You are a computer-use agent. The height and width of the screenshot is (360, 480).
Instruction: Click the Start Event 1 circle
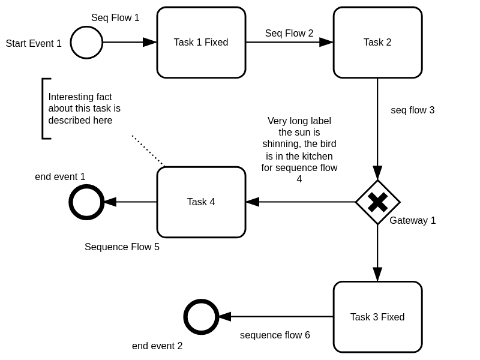coord(86,43)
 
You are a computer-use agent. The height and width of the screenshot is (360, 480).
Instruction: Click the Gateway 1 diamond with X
coord(377,202)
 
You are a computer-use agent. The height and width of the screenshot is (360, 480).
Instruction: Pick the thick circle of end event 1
coord(87,202)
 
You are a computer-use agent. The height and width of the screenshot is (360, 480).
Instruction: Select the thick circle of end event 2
coord(201,317)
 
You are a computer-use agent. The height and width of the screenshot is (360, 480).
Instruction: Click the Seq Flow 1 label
coord(115,18)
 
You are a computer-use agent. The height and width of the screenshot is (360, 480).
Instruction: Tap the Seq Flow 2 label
coord(289,34)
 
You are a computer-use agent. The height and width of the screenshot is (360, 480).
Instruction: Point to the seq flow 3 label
coord(412,110)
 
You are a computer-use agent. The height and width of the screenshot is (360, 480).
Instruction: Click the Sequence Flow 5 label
coord(122,247)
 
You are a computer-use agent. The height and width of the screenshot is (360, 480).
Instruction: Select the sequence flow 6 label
coord(275,335)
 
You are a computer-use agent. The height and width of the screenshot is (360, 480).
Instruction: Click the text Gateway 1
coord(412,221)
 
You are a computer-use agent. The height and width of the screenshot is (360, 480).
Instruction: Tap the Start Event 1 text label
coord(34,44)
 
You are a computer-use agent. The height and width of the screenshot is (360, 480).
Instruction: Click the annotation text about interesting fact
coord(84,109)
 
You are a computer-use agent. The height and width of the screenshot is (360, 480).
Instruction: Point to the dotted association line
coord(148,151)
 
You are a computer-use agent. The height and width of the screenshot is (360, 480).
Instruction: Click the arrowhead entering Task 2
coord(326,43)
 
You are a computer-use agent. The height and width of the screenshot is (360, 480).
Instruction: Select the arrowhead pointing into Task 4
coord(253,202)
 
